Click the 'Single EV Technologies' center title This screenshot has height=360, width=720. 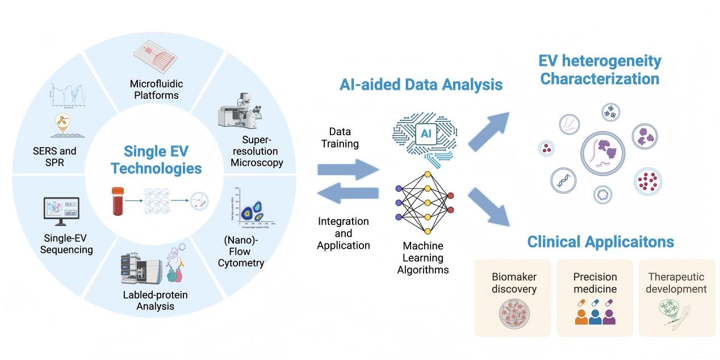(x=156, y=160)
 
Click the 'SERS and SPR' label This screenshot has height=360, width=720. (x=55, y=157)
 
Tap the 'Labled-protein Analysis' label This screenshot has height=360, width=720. (x=155, y=300)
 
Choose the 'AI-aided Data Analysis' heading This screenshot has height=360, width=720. (x=421, y=85)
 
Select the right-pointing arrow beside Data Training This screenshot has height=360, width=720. (x=348, y=169)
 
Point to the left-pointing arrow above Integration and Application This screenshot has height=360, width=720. (x=348, y=194)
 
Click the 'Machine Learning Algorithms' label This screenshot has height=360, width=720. (x=422, y=258)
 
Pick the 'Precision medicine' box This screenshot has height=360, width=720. (x=595, y=298)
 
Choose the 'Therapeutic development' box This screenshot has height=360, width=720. (x=677, y=298)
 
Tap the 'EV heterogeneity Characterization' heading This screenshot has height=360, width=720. (x=600, y=69)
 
